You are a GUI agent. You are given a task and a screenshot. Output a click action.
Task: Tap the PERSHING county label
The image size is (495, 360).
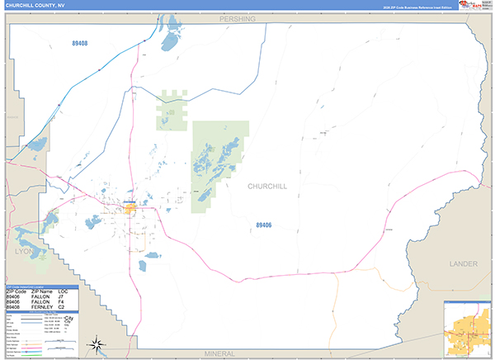[238, 17]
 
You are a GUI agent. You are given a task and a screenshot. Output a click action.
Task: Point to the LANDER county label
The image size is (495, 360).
[463, 263]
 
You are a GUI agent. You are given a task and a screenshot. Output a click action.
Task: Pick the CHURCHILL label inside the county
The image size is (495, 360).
[267, 187]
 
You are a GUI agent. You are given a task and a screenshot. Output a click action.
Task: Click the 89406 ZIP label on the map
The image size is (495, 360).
[264, 225]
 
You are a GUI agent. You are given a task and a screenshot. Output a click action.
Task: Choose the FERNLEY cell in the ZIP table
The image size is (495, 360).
[43, 307]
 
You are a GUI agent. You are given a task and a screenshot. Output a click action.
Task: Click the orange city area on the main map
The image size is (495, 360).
[130, 209]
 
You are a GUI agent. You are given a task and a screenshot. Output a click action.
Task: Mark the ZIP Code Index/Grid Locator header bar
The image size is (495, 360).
[41, 287]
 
